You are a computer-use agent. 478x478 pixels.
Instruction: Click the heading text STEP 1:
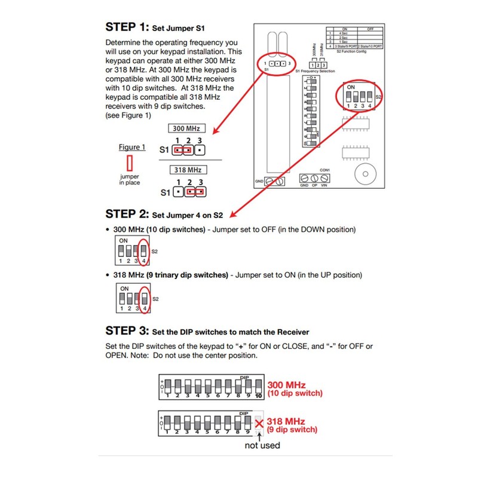(x=126, y=27)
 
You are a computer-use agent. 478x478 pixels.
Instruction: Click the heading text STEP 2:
(x=126, y=215)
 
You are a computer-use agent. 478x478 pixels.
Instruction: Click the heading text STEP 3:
(x=126, y=330)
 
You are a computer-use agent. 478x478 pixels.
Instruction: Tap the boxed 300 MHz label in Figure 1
(x=185, y=128)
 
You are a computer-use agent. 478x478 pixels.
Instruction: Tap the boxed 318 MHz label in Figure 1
(x=185, y=170)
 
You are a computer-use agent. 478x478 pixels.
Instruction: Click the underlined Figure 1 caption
(x=131, y=147)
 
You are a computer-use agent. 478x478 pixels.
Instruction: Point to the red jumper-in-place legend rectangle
(x=128, y=163)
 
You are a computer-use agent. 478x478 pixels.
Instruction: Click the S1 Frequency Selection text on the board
(x=315, y=71)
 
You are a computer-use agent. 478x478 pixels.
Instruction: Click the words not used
(x=262, y=445)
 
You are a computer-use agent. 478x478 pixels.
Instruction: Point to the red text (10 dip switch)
(x=295, y=393)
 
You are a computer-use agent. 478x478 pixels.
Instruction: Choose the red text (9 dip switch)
(x=293, y=430)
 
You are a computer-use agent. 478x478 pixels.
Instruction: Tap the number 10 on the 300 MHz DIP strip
(x=259, y=396)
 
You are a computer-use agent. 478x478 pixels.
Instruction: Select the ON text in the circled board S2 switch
(x=350, y=87)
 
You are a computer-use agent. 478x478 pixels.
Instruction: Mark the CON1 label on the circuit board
(x=325, y=170)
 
